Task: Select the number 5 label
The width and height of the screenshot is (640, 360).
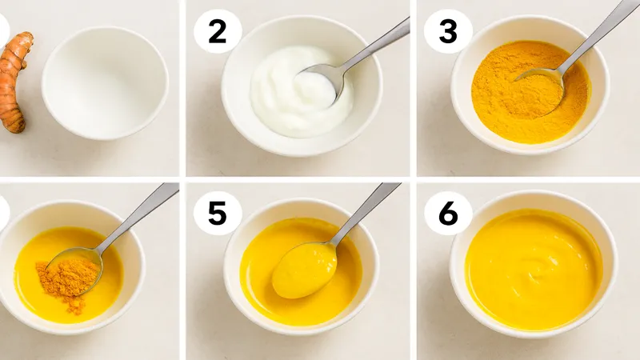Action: point(217,214)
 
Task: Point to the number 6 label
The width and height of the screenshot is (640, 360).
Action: point(448,214)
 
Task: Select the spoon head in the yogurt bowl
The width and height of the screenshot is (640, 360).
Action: point(322,82)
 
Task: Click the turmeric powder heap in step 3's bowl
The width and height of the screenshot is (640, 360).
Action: point(530,92)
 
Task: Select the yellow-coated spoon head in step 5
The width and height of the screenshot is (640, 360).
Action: point(305,270)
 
